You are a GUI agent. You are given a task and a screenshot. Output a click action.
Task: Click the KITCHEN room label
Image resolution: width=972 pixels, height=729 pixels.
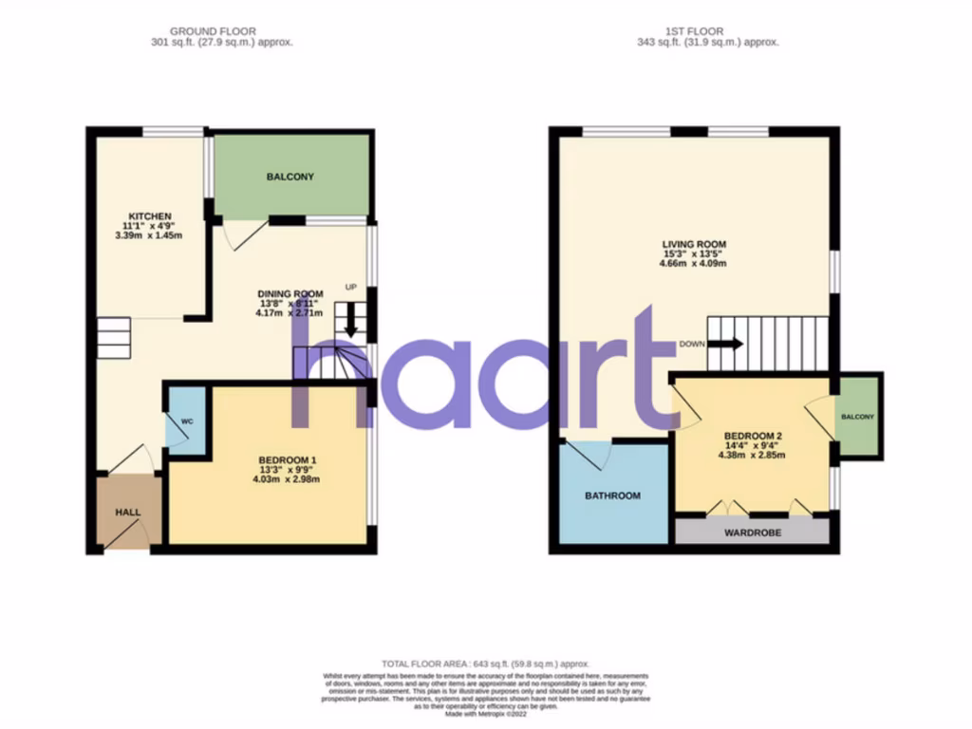151,216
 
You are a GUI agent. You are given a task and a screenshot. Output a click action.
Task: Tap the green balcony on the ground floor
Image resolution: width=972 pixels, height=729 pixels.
290,177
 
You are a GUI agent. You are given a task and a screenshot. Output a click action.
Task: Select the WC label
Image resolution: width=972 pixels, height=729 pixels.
187,420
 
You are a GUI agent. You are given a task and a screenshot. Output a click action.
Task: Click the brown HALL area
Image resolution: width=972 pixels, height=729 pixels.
128,512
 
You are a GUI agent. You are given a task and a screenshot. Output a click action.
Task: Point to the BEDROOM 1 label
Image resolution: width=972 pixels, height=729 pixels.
288,461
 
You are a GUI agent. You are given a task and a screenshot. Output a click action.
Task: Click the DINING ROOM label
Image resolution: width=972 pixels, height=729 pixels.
291,293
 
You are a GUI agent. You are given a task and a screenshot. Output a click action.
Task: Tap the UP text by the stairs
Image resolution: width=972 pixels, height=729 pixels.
350,287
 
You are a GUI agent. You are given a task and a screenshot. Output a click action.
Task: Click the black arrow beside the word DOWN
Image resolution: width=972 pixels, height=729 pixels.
725,344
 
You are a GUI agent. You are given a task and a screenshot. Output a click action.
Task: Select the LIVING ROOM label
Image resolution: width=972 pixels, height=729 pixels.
694,244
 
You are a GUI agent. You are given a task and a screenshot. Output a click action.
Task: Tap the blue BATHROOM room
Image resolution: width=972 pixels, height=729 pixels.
612,495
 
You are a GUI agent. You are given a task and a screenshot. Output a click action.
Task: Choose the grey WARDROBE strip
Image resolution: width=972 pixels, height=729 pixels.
753,533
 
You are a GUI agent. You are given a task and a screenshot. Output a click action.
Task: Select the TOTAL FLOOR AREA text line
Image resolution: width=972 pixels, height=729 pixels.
485,664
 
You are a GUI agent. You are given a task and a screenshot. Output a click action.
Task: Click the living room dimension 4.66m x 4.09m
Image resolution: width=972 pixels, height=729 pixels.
694,265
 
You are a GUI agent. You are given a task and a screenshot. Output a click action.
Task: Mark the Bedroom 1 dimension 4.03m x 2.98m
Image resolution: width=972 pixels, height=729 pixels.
288,479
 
